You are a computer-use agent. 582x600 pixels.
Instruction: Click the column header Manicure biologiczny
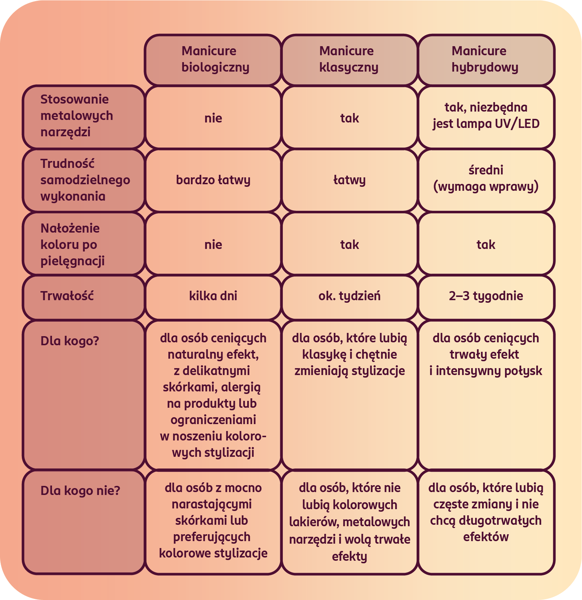pyautogui.click(x=213, y=60)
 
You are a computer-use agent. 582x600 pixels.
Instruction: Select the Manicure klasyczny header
pyautogui.click(x=349, y=60)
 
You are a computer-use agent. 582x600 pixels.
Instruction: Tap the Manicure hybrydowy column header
pyautogui.click(x=486, y=60)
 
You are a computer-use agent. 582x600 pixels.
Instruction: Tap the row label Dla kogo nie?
pyautogui.click(x=80, y=491)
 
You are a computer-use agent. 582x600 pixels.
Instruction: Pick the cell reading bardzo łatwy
pyautogui.click(x=213, y=180)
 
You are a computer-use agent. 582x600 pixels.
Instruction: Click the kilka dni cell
pyautogui.click(x=213, y=296)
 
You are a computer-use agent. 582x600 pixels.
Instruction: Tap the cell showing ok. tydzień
pyautogui.click(x=349, y=296)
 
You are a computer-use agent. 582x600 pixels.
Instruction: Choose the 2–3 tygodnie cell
pyautogui.click(x=486, y=296)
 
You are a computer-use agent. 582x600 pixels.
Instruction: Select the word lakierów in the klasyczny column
pyautogui.click(x=314, y=522)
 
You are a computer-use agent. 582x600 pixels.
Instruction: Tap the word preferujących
pyautogui.click(x=212, y=537)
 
